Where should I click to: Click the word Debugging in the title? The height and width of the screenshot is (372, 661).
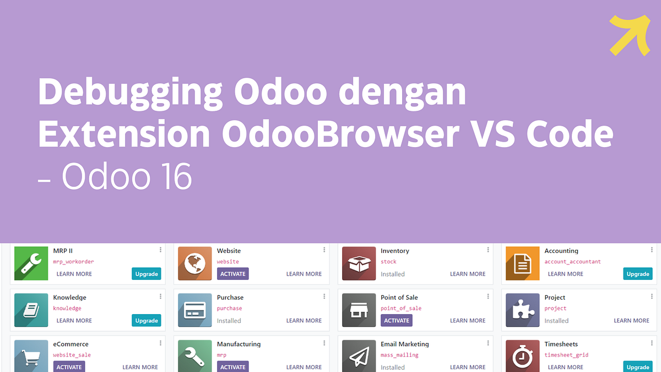pos(131,92)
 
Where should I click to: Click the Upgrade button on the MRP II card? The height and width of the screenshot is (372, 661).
pos(147,274)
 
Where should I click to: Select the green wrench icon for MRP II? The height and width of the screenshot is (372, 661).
pos(31,263)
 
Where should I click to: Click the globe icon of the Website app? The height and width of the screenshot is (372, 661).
pos(195,263)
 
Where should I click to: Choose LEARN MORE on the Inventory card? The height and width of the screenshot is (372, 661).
pos(468,274)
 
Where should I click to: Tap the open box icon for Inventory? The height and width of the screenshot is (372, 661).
pos(359,263)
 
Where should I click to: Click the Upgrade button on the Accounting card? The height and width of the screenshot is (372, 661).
pos(638,274)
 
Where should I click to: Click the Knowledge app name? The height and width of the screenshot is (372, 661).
pos(69,298)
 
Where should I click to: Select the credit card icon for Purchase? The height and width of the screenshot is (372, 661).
pos(195,310)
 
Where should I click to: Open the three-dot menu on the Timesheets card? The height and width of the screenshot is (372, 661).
pos(652,343)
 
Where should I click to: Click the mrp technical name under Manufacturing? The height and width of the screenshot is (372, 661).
pos(221,355)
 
